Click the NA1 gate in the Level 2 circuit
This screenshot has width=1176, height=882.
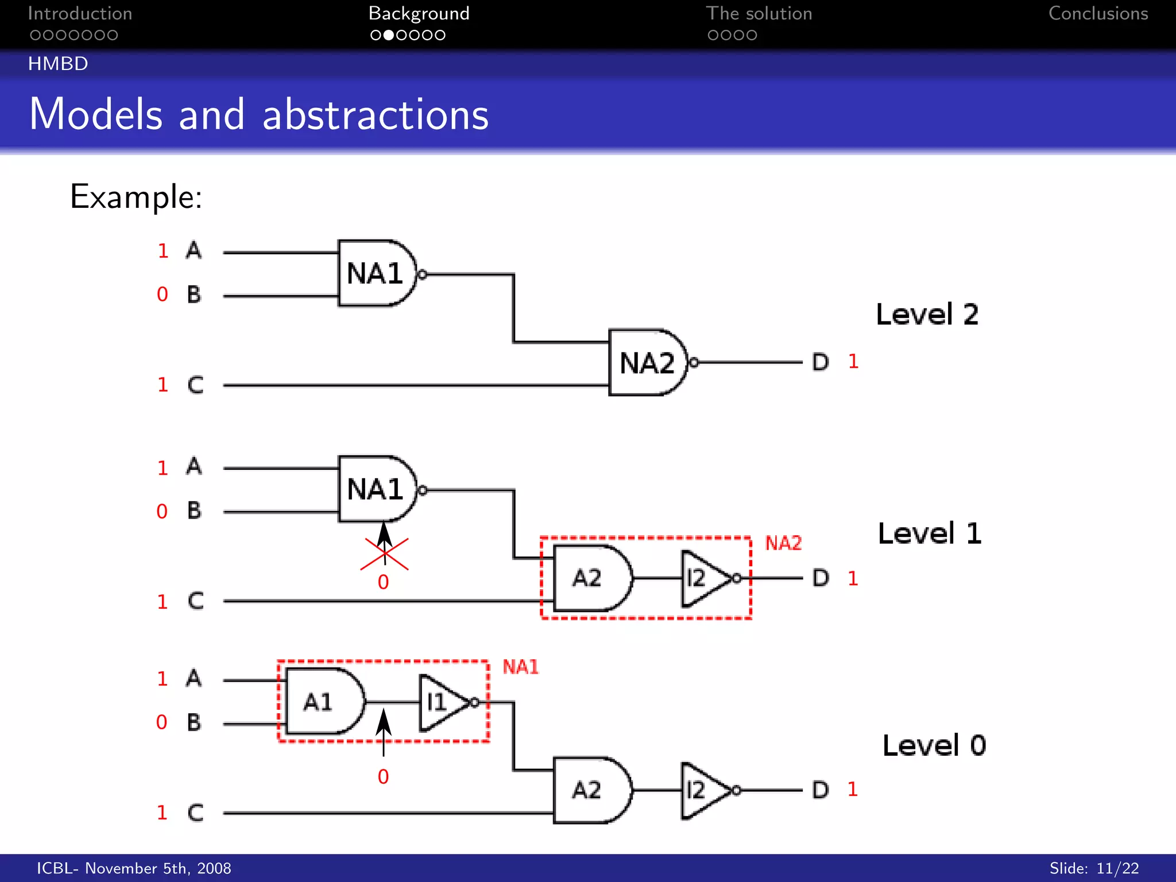click(376, 273)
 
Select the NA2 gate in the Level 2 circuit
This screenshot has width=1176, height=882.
click(647, 363)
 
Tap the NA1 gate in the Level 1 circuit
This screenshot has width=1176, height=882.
click(376, 489)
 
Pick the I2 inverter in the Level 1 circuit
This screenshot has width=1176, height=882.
click(704, 578)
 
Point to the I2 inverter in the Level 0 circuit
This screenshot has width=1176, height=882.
click(704, 791)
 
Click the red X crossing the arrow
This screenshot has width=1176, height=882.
click(384, 554)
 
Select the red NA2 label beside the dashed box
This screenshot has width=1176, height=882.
click(783, 543)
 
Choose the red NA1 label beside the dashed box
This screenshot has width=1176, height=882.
click(521, 667)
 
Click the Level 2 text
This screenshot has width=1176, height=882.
click(927, 315)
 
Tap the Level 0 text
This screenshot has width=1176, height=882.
click(934, 746)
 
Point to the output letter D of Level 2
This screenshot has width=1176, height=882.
click(821, 362)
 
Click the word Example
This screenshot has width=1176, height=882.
click(136, 197)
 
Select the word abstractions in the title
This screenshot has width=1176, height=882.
click(376, 115)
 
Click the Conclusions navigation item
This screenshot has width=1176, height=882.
click(1098, 14)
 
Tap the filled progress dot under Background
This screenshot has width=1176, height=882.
click(389, 36)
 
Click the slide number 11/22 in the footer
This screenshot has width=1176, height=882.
click(1117, 868)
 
